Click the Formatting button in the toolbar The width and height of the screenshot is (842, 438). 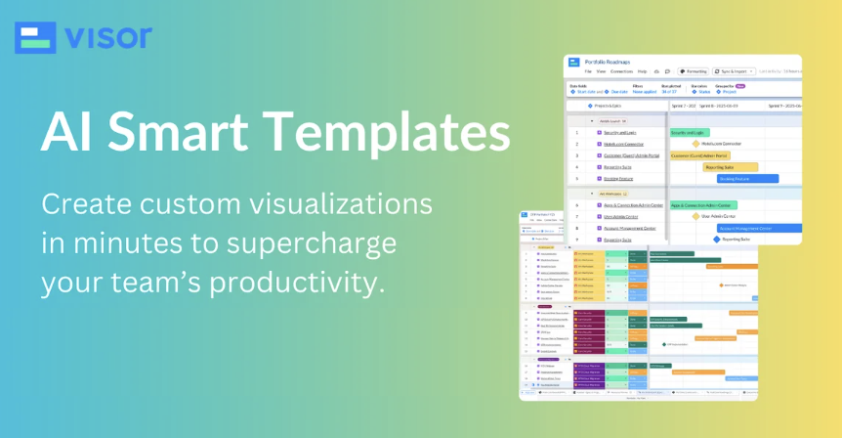(x=694, y=71)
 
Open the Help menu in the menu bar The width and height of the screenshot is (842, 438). (x=642, y=71)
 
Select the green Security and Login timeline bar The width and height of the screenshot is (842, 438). (x=689, y=132)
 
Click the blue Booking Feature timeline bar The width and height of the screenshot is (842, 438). (x=748, y=179)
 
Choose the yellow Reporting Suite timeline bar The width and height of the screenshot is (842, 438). (x=731, y=167)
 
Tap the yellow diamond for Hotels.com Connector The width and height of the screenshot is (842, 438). (x=696, y=144)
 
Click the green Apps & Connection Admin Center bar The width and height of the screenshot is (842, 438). (x=701, y=205)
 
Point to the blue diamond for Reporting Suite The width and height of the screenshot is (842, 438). (x=716, y=239)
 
